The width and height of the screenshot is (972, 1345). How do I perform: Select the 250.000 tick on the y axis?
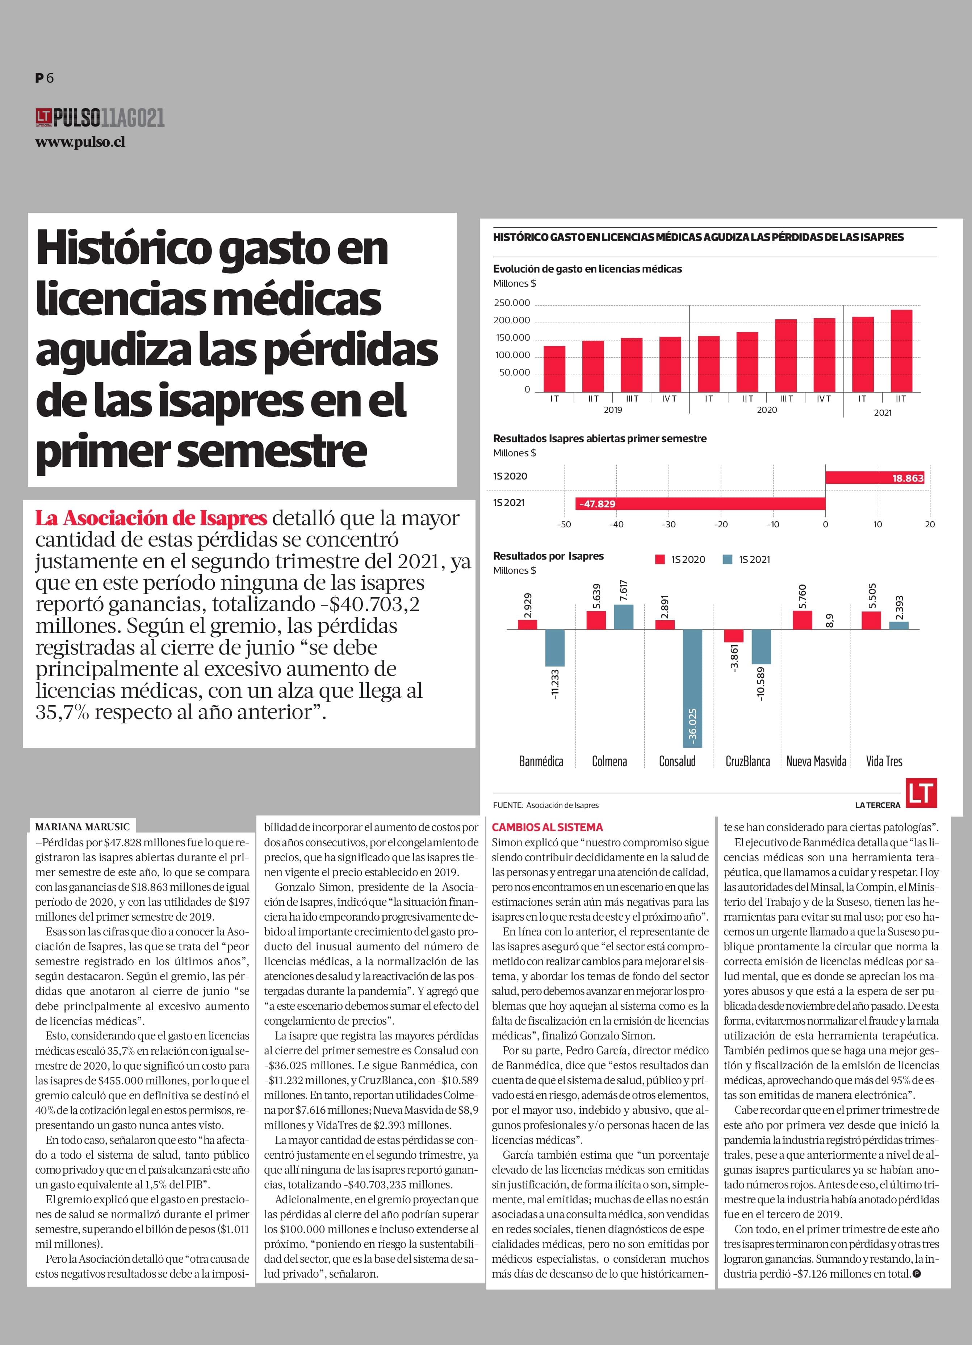pyautogui.click(x=511, y=303)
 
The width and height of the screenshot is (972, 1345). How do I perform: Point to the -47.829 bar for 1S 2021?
pyautogui.click(x=700, y=503)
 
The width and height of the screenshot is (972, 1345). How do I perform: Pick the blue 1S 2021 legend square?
pyautogui.click(x=728, y=559)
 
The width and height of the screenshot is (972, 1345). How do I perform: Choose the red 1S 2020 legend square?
pyautogui.click(x=660, y=559)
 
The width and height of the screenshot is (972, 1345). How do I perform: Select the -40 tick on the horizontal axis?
pyautogui.click(x=616, y=524)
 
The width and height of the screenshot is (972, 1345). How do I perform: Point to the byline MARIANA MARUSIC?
pyautogui.click(x=82, y=827)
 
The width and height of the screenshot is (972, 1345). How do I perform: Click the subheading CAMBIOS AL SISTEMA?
pyautogui.click(x=547, y=827)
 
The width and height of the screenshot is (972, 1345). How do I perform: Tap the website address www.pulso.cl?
pyautogui.click(x=80, y=142)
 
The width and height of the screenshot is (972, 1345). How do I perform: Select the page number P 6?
pyautogui.click(x=45, y=78)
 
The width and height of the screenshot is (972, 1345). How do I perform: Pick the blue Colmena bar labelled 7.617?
pyautogui.click(x=624, y=617)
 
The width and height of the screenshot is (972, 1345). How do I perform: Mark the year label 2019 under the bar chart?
pyautogui.click(x=612, y=410)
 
